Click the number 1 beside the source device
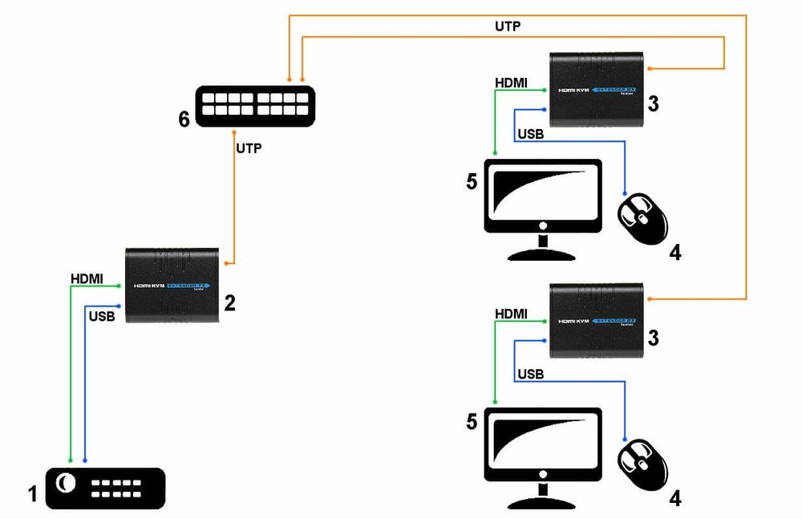pyautogui.click(x=32, y=493)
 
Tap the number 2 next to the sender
pyautogui.click(x=229, y=302)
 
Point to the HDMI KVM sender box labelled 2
pyautogui.click(x=172, y=286)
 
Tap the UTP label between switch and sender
pyautogui.click(x=249, y=148)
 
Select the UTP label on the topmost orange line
pyautogui.click(x=508, y=26)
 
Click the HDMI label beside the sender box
pyautogui.click(x=87, y=278)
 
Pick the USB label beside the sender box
pyautogui.click(x=102, y=316)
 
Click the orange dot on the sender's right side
pyautogui.click(x=233, y=262)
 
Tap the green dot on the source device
pyautogui.click(x=71, y=460)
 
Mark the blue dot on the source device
pyautogui.click(x=85, y=460)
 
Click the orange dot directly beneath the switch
pyautogui.click(x=233, y=131)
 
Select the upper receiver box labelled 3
pyautogui.click(x=597, y=90)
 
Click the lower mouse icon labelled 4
pyautogui.click(x=642, y=464)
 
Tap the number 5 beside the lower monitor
pyautogui.click(x=472, y=421)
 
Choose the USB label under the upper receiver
pyautogui.click(x=530, y=134)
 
